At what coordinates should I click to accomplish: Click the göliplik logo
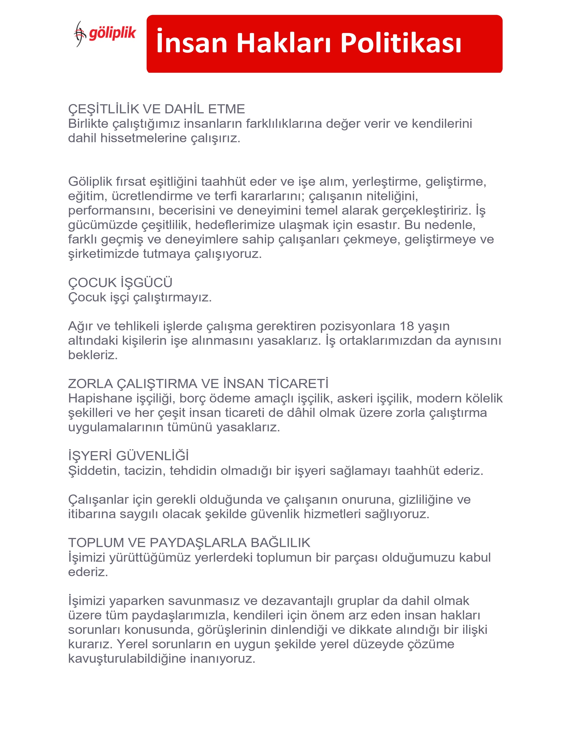(105, 33)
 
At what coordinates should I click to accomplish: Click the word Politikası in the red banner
(401, 43)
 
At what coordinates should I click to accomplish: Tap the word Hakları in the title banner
(284, 43)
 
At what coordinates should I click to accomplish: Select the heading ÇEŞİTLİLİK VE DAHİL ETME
(156, 109)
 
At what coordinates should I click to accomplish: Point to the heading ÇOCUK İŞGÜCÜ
(120, 283)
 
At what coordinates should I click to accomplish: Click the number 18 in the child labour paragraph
(407, 326)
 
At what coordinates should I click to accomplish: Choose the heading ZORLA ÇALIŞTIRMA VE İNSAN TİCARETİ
(198, 384)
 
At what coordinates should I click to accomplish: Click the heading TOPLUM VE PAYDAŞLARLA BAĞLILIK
(189, 543)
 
